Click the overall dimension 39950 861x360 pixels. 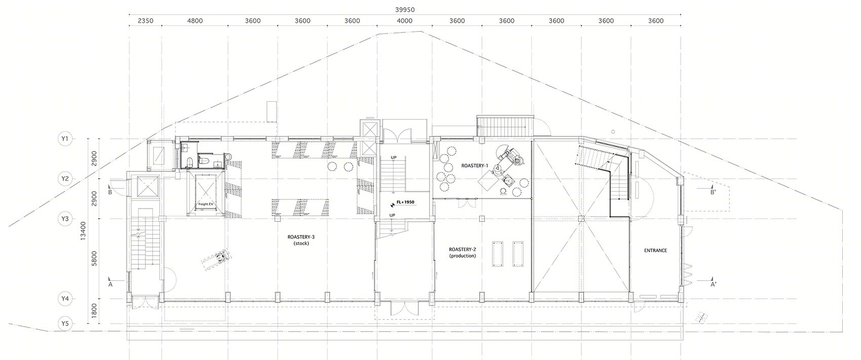405,10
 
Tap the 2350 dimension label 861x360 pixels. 145,21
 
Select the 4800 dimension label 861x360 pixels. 195,21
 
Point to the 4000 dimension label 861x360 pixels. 404,21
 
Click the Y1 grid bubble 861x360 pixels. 65,139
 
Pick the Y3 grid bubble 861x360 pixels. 65,219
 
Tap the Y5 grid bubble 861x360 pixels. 65,324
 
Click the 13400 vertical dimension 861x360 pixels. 84,231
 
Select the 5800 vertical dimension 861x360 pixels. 94,259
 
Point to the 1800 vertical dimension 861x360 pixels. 94,311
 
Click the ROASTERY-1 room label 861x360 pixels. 475,166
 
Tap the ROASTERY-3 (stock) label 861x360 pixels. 301,240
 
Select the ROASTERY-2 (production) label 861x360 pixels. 462,253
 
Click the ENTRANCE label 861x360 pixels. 655,251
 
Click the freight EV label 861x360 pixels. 206,204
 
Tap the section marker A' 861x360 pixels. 714,285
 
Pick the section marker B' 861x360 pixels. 713,192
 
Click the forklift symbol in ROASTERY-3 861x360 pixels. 216,258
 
